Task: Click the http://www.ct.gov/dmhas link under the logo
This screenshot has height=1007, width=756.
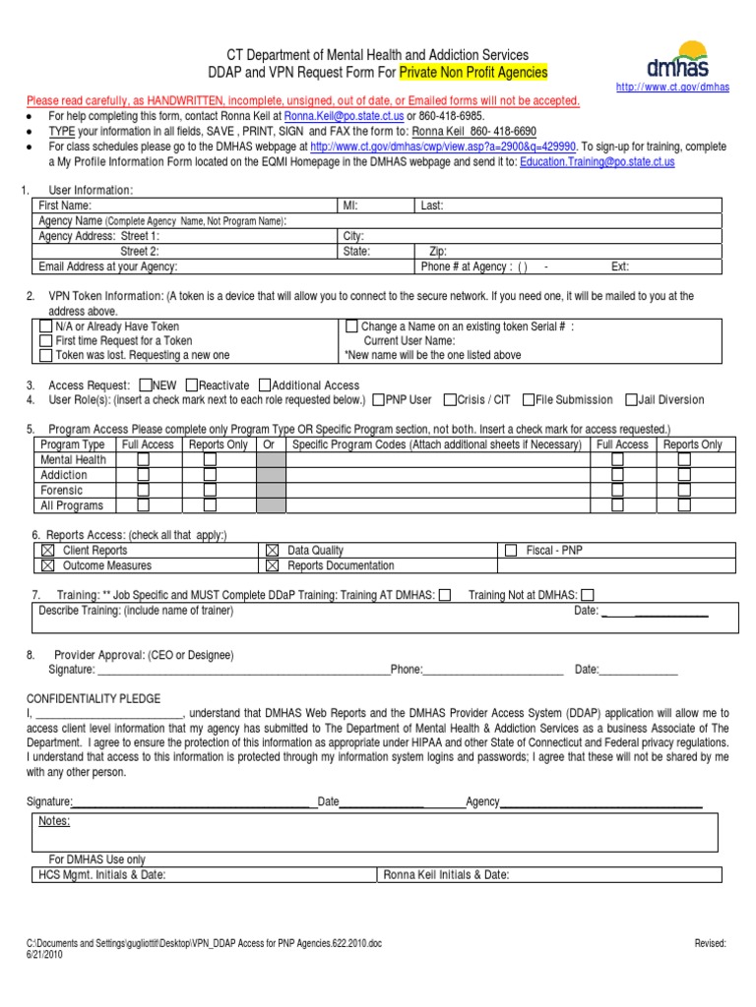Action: (672, 88)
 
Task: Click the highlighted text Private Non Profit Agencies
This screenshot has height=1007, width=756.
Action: (473, 73)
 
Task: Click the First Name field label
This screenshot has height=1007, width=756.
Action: (65, 206)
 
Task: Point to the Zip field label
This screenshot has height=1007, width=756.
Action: (438, 252)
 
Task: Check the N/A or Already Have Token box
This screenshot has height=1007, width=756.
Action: (45, 326)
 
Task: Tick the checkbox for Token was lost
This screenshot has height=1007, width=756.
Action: (45, 355)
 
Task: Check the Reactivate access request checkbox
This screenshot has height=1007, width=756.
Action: (191, 385)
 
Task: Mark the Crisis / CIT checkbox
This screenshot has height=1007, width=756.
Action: (450, 400)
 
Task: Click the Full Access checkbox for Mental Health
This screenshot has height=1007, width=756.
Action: (144, 459)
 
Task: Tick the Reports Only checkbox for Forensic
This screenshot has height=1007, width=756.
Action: (210, 490)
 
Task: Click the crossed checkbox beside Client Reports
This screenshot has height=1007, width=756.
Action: (47, 551)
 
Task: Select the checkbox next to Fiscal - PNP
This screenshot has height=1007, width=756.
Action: (510, 551)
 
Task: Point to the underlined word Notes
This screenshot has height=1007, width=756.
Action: (54, 821)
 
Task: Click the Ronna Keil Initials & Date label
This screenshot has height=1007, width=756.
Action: (446, 875)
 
